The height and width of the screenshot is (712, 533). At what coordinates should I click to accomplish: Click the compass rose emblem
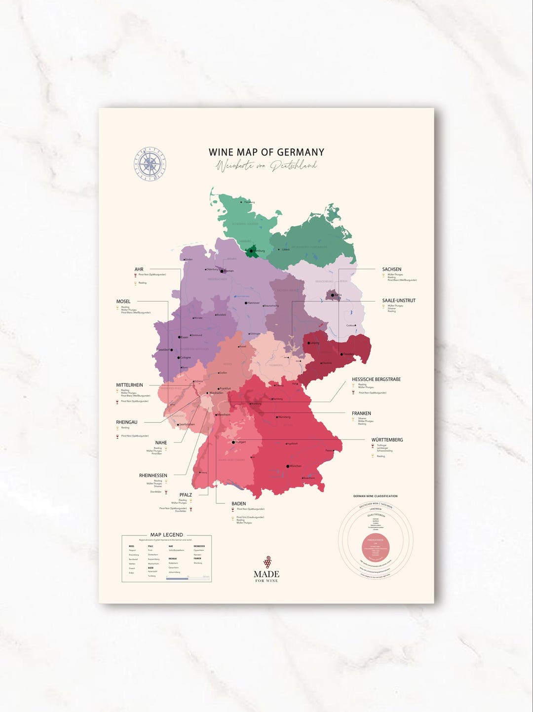[151, 163]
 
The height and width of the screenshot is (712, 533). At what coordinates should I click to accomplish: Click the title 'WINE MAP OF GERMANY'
[266, 152]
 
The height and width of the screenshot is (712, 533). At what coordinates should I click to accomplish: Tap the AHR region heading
[139, 269]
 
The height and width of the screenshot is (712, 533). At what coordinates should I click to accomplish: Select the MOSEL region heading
[123, 301]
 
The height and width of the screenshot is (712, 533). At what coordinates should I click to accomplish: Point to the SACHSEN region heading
[391, 269]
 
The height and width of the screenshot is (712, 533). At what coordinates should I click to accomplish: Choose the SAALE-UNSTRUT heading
[399, 300]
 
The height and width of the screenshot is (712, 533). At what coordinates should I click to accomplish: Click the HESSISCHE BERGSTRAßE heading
[376, 379]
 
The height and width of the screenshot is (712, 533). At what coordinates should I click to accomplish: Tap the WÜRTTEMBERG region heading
[387, 440]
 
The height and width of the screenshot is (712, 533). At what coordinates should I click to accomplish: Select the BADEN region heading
[238, 504]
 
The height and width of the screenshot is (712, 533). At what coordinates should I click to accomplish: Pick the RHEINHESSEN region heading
[153, 476]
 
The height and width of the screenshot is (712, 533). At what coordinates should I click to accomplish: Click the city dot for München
[288, 466]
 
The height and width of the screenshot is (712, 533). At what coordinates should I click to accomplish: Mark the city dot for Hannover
[246, 303]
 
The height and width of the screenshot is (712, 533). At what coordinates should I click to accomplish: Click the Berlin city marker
[336, 295]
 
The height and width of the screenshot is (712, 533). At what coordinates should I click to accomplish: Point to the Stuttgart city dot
[233, 442]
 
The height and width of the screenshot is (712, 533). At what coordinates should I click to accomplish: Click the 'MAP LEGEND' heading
[166, 535]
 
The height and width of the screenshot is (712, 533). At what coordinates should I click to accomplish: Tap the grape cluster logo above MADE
[267, 562]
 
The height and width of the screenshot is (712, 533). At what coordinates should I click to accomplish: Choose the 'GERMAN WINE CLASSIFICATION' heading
[375, 496]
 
